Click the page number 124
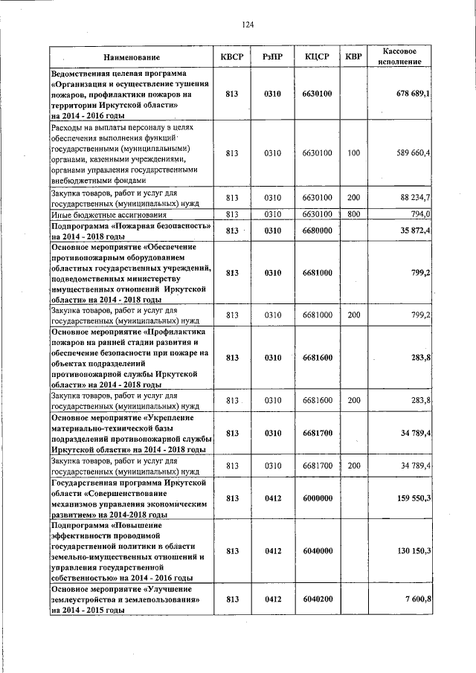[x=248, y=25]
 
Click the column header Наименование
[x=132, y=57]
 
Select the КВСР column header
[x=232, y=57]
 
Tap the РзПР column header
[x=273, y=57]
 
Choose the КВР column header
[x=354, y=57]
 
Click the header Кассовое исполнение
[x=404, y=57]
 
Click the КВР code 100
[x=354, y=153]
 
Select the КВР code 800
[x=354, y=214]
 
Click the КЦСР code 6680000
[x=317, y=231]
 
